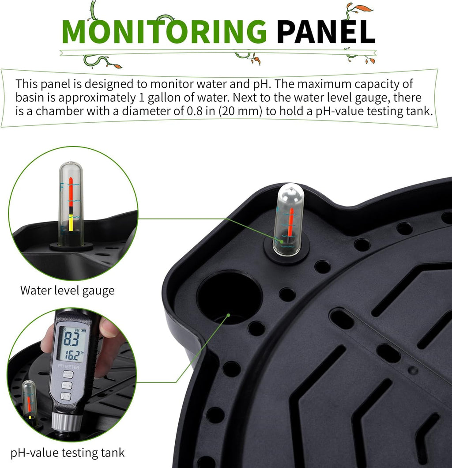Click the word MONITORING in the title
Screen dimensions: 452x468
coord(164,32)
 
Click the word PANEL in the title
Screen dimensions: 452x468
coord(326,32)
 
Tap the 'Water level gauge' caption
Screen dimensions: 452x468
coord(68,291)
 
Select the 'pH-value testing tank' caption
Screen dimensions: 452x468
coord(68,453)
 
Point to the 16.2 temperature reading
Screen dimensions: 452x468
coord(72,355)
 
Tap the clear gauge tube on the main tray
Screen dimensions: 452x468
coord(289,219)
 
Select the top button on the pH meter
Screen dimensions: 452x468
coord(68,374)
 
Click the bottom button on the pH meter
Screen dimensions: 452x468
coord(66,396)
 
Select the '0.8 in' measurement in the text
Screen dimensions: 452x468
coord(200,111)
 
